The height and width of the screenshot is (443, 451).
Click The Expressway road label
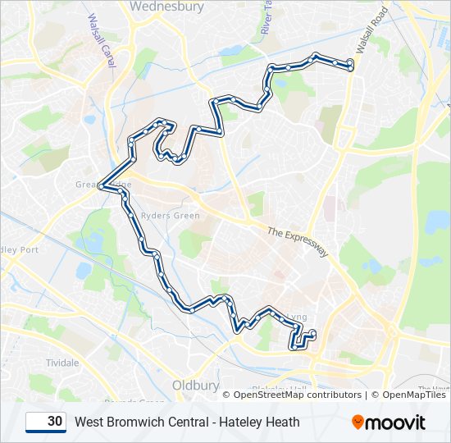pyautogui.click(x=298, y=242)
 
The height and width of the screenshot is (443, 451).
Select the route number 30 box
pyautogui.click(x=46, y=422)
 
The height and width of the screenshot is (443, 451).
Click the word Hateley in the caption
pyautogui.click(x=239, y=422)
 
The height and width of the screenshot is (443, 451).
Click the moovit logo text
pyautogui.click(x=396, y=422)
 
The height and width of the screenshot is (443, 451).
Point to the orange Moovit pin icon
pyautogui.click(x=358, y=422)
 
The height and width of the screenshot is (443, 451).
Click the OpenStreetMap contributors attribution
pyautogui.click(x=296, y=395)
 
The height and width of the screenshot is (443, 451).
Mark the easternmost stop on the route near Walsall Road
pyautogui.click(x=351, y=65)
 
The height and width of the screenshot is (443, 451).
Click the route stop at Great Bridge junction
pyautogui.click(x=102, y=186)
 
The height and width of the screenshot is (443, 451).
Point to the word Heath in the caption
pyautogui.click(x=282, y=422)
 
